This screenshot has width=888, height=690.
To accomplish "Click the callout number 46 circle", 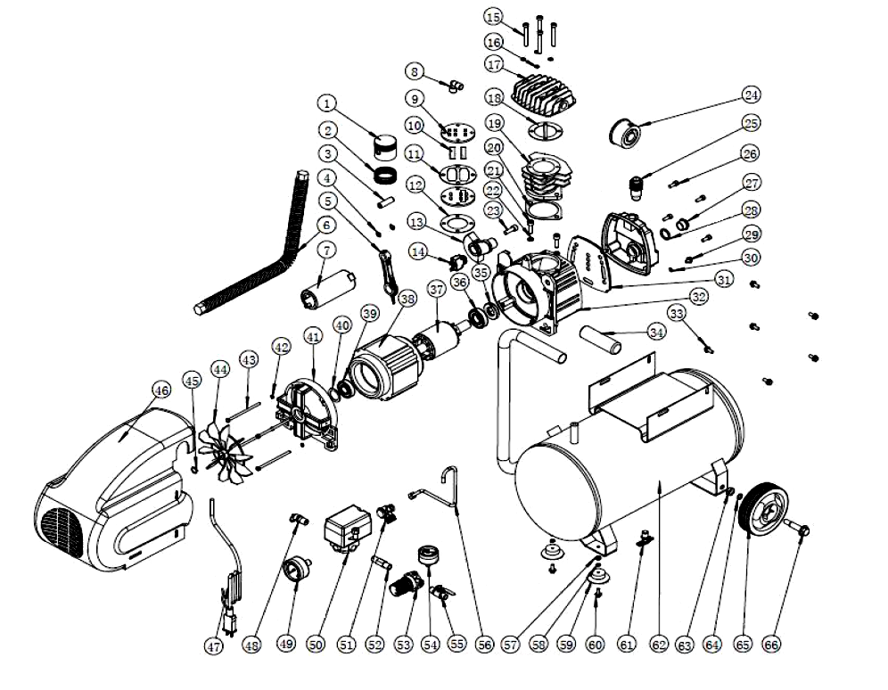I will tap(160, 390).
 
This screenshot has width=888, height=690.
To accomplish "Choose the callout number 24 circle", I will tap(752, 94).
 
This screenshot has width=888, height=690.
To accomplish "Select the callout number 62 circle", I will tap(659, 643).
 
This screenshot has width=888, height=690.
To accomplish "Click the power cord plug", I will tap(228, 615).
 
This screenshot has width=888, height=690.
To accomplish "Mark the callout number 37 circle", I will tap(436, 290).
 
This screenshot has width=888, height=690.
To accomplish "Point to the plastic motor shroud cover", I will tap(116, 490).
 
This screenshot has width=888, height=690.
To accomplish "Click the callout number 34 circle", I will tap(657, 333).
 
